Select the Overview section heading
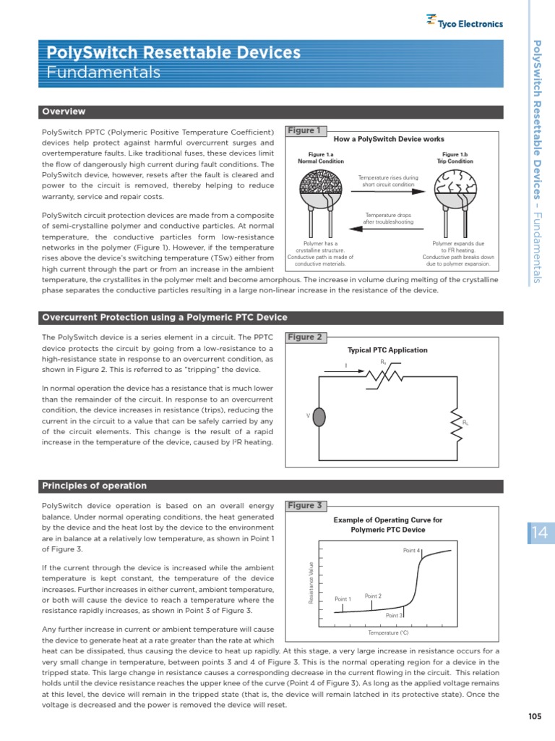click(x=64, y=111)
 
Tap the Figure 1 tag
click(x=305, y=131)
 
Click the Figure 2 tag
click(x=305, y=337)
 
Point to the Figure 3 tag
click(x=305, y=506)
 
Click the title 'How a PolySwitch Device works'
click(x=389, y=139)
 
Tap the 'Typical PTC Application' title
click(x=387, y=350)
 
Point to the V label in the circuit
click(x=309, y=415)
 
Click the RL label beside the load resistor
click(x=465, y=423)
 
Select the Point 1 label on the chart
click(x=343, y=599)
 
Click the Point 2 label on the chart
click(x=373, y=596)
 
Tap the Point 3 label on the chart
click(x=394, y=615)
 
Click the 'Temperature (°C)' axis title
click(x=388, y=633)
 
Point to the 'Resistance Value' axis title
click(x=311, y=583)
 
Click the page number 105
click(x=535, y=716)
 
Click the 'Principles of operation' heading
click(x=94, y=486)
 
